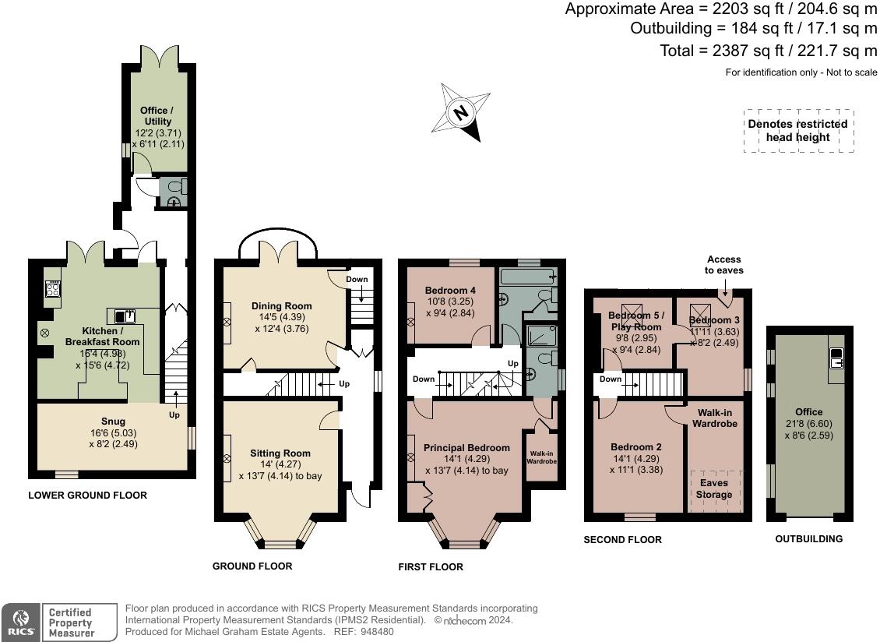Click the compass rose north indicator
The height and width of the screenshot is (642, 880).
[461, 112]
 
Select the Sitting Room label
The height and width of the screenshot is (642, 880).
[280, 453]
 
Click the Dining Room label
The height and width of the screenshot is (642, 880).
[281, 306]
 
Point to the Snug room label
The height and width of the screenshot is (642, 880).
[113, 422]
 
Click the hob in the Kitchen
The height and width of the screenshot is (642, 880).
[53, 290]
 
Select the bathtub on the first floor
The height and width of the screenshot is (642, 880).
[527, 277]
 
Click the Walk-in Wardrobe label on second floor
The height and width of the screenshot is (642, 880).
[714, 418]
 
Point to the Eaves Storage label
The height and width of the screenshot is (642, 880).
[714, 489]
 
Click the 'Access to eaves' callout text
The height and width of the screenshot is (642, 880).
[724, 265]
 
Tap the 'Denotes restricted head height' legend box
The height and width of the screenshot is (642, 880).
[799, 130]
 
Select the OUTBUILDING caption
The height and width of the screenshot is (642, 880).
[808, 538]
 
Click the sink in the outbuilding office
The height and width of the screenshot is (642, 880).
[836, 358]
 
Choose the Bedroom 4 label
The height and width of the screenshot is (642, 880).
[450, 291]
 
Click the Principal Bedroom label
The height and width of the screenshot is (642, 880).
[466, 448]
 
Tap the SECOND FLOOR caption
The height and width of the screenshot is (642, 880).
[622, 539]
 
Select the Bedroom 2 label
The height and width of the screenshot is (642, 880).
[636, 447]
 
